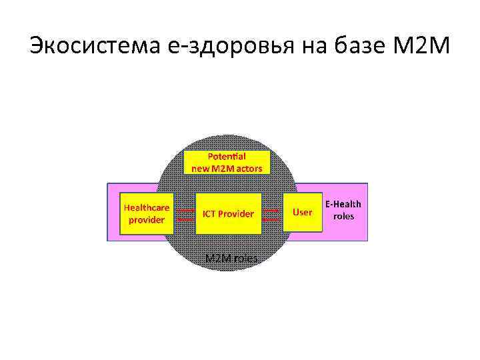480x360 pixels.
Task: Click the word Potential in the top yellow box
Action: tap(227, 156)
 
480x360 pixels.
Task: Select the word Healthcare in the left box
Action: tap(147, 207)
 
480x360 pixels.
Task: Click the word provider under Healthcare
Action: tap(146, 219)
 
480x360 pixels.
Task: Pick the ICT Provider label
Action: tap(228, 214)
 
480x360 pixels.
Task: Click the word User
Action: tap(303, 212)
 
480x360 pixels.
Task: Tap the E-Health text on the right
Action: tap(343, 205)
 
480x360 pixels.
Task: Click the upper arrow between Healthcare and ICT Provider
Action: tap(183, 208)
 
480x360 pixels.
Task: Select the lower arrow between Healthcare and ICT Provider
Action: tap(183, 218)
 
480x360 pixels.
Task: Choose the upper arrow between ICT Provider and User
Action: tap(271, 208)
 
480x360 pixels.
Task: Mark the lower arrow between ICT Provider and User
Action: tap(271, 218)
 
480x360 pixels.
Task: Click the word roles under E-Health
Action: tap(344, 217)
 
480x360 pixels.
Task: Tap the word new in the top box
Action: tap(200, 168)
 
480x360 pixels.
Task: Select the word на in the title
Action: tap(314, 47)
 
